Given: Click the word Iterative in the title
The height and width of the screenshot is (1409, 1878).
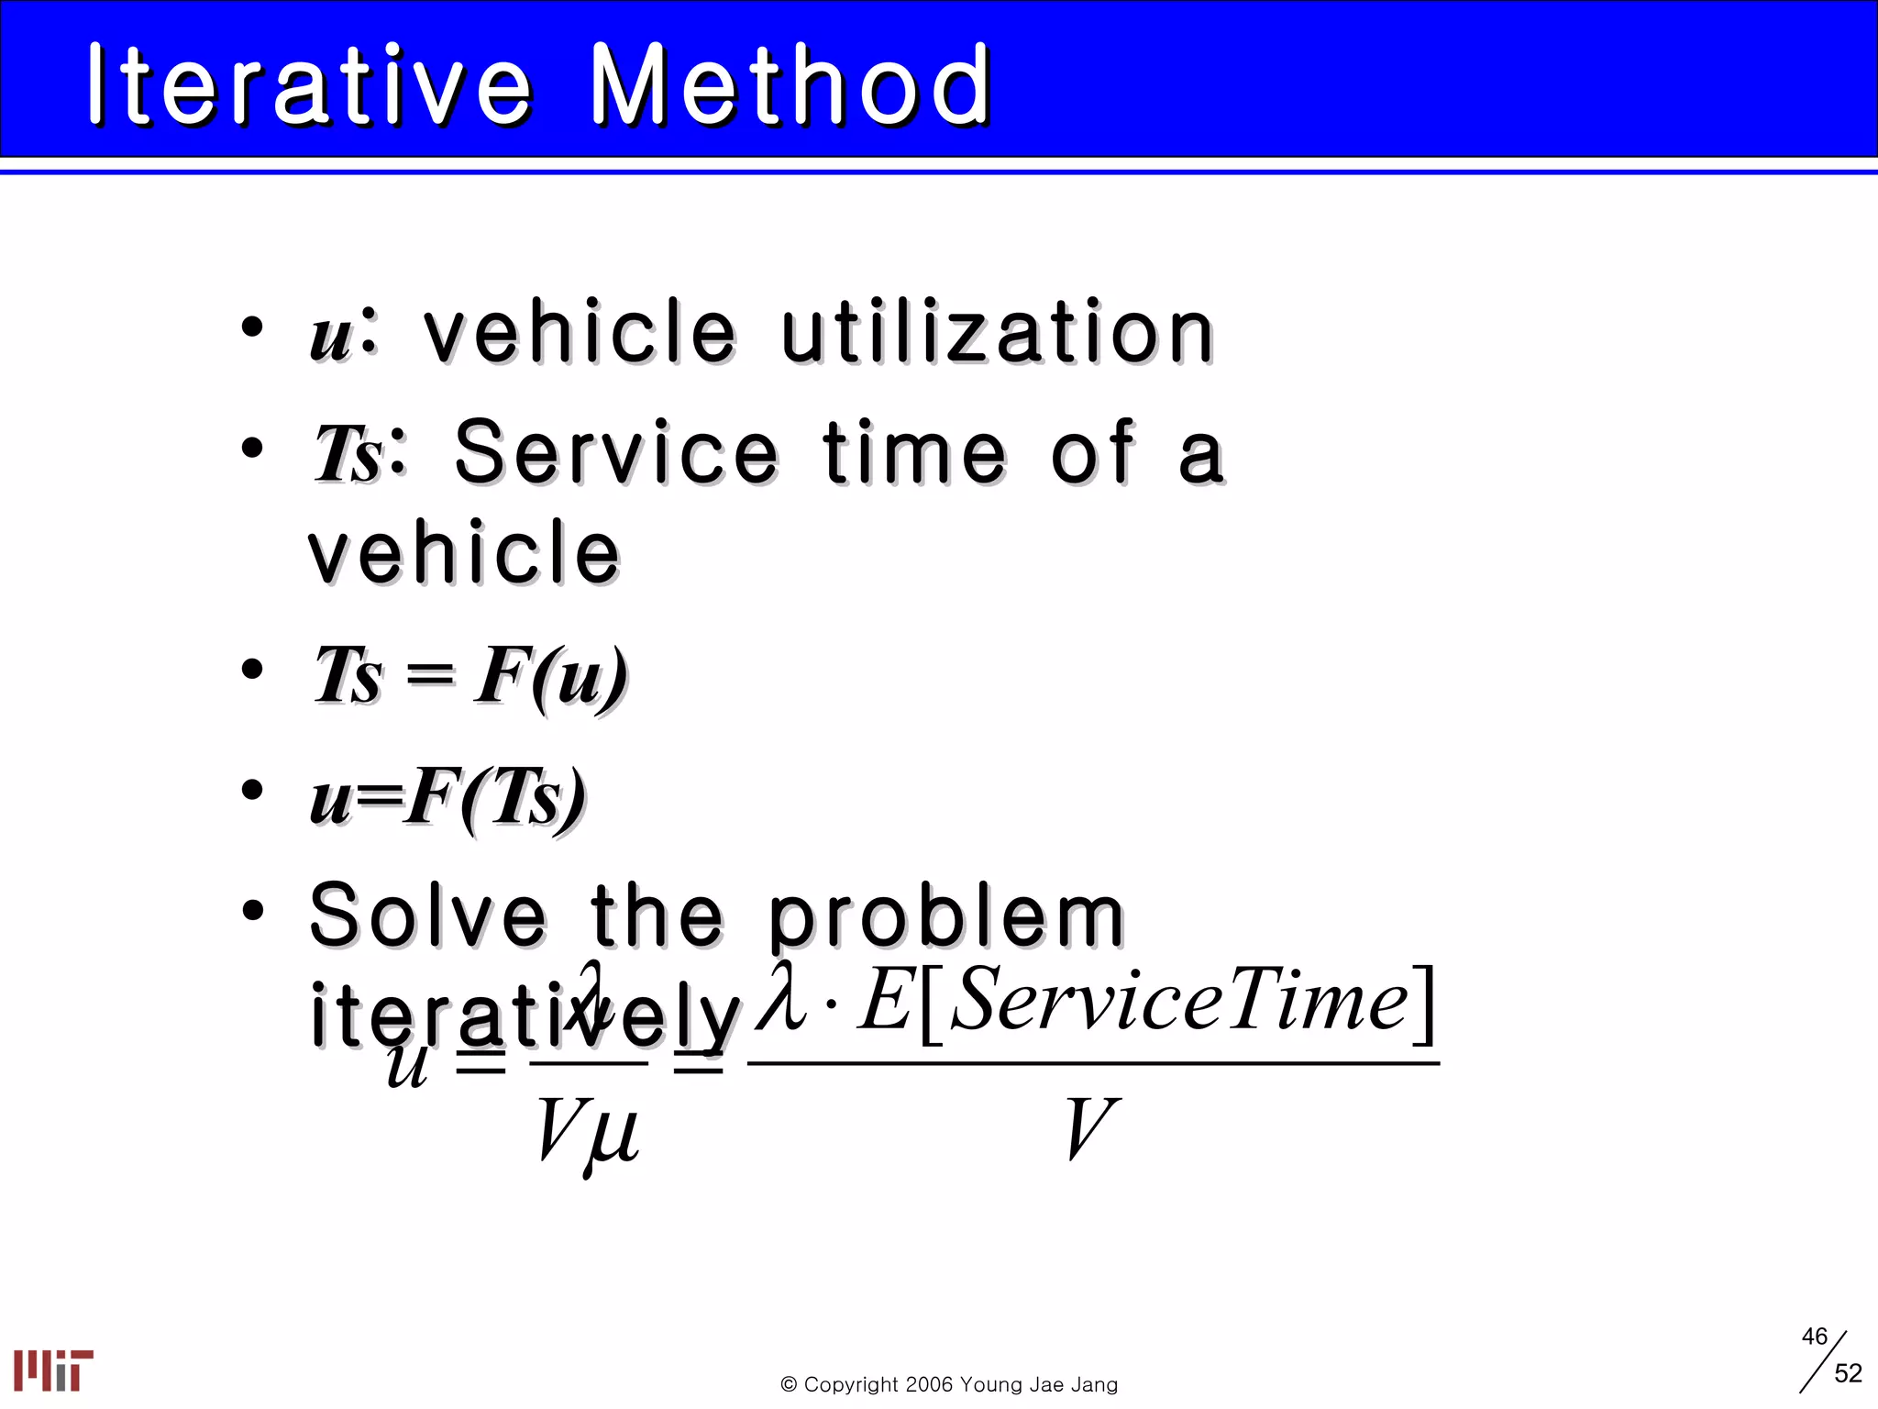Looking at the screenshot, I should (310, 84).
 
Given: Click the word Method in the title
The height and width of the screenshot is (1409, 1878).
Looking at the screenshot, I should (790, 84).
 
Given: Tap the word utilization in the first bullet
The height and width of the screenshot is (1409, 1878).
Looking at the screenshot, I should (998, 332).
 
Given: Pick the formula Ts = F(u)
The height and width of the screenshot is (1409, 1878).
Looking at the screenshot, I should (470, 676).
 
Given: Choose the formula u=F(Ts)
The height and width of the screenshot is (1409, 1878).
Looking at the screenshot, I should (447, 798).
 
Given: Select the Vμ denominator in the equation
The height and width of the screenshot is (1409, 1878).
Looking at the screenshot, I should (588, 1130).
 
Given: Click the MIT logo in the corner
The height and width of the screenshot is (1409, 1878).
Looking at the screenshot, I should (53, 1370).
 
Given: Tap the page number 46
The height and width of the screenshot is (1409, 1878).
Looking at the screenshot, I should (1814, 1337).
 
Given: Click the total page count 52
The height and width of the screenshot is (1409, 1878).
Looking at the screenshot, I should (1848, 1373).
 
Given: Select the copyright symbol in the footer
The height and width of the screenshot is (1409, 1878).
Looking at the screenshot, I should (789, 1385).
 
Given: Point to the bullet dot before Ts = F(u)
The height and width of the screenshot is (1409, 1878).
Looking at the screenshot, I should (252, 670).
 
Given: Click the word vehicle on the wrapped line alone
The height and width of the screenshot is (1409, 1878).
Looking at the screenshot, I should (465, 552).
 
